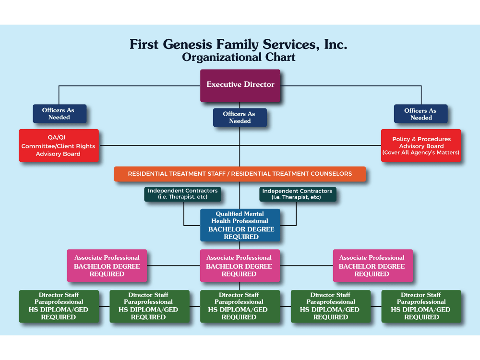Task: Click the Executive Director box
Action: (240, 85)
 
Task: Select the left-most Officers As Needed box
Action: (60, 114)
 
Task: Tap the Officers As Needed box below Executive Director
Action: (240, 118)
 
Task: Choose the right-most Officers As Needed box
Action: (420, 114)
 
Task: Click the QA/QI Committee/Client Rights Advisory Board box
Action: (59, 145)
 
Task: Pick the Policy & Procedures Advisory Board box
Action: (421, 145)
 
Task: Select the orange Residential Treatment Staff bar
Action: (240, 174)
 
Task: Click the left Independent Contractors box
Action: (182, 194)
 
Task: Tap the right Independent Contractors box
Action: (297, 194)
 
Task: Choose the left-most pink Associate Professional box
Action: (107, 266)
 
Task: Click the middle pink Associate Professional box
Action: (239, 266)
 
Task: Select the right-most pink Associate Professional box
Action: (372, 266)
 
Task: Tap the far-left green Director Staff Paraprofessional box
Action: (59, 306)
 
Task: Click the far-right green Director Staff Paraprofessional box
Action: (421, 306)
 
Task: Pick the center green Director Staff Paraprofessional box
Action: (239, 306)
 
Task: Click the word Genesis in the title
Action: (201, 45)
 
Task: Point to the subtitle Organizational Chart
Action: (239, 58)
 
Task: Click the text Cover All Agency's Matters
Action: (421, 153)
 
